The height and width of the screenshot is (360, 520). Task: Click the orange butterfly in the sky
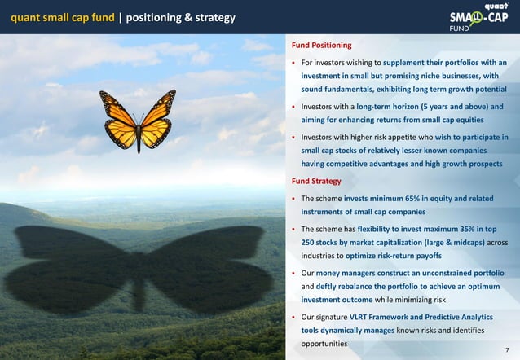(138, 121)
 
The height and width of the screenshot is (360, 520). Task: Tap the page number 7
(507, 349)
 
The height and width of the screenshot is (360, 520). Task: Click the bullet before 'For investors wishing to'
(294, 64)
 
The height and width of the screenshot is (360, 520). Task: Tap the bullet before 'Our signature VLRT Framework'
(294, 317)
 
